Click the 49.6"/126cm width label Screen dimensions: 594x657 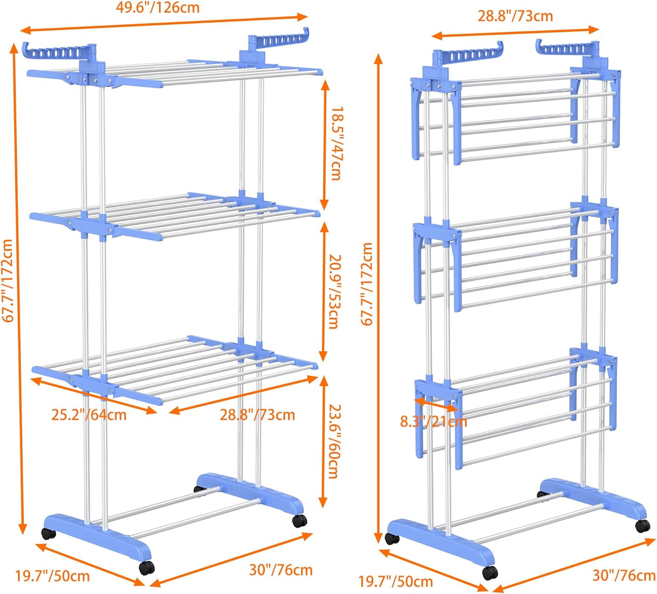tap(157, 8)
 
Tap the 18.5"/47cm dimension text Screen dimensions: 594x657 tap(336, 144)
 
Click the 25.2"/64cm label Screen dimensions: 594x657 tap(89, 415)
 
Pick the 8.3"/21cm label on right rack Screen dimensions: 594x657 tap(433, 422)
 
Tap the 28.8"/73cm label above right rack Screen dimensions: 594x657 tap(515, 16)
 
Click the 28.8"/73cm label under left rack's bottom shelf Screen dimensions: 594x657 tap(257, 415)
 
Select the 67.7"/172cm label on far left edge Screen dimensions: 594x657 tap(8, 280)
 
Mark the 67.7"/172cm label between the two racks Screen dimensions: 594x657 tap(367, 284)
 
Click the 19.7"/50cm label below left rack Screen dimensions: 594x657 tap(52, 576)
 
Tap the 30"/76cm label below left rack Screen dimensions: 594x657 tap(281, 569)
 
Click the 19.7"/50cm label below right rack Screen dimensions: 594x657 tap(396, 581)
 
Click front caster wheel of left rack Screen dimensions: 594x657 tap(147, 568)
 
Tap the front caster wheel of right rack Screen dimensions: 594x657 tap(490, 573)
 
